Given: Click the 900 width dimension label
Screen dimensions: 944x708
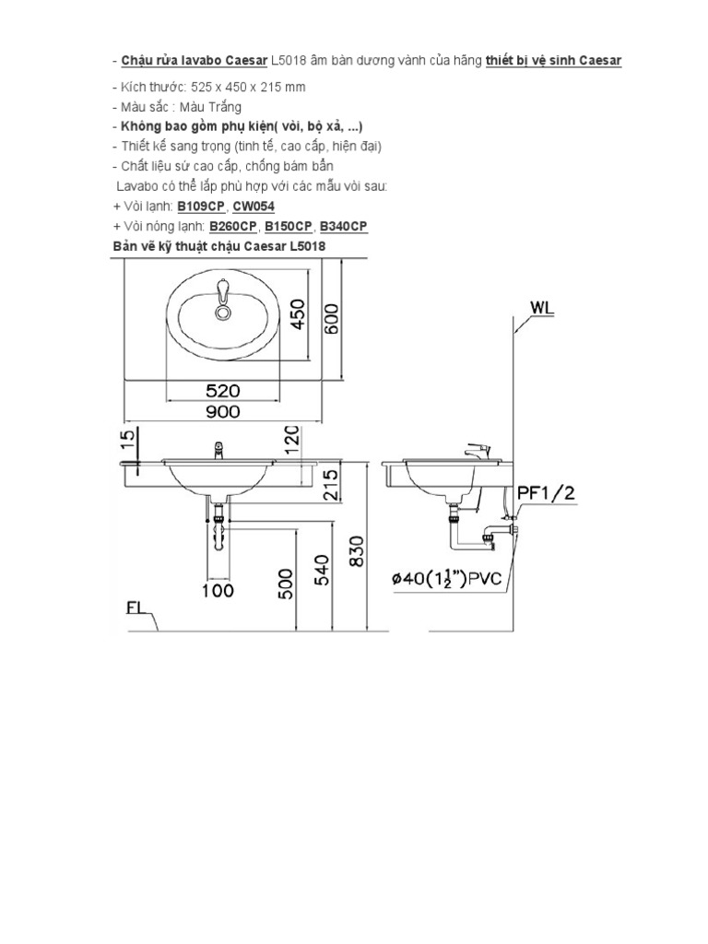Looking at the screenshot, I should click(223, 411).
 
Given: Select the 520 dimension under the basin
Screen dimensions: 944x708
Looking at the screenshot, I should click(223, 391).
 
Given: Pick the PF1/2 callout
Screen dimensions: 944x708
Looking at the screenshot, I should click(546, 493).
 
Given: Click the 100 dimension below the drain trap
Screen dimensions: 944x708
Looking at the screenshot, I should click(218, 591).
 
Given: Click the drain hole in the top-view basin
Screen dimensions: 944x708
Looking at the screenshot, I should click(221, 313).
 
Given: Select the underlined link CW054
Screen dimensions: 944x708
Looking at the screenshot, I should click(254, 207).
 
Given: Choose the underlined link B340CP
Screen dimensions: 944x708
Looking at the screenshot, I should click(343, 227).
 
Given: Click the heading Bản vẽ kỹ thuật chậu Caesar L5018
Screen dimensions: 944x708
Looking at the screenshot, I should click(218, 247).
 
